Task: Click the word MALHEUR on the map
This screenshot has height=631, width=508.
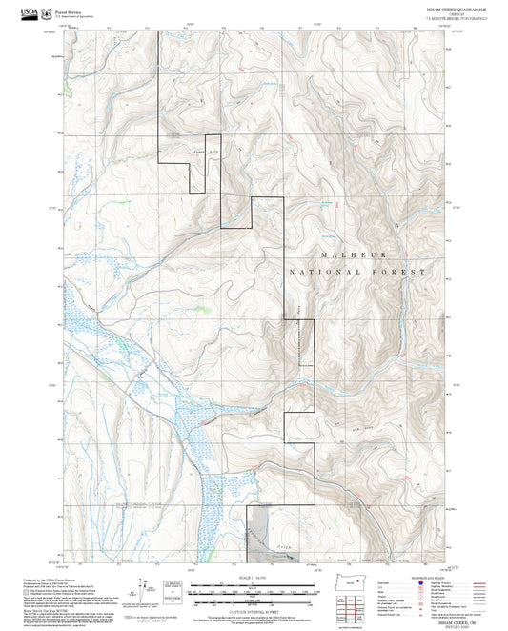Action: (354, 255)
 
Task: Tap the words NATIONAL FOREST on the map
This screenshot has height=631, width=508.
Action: (365, 272)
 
